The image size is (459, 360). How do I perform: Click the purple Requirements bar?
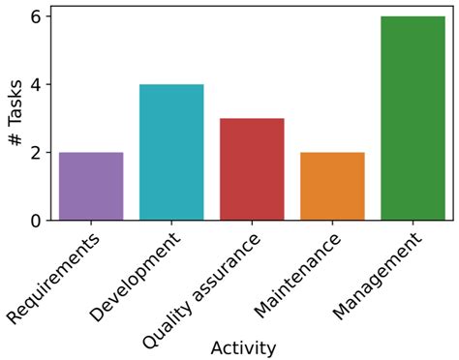pos(91,187)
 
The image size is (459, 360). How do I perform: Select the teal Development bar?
pos(171,153)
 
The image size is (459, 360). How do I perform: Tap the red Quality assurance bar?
pos(252,169)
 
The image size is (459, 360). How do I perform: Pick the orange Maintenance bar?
pos(332,187)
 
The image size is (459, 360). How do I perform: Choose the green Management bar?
pos(413,118)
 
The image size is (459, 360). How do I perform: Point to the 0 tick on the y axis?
pos(36,221)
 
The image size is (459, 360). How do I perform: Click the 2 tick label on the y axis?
pos(36,153)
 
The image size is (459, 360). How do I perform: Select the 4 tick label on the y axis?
pos(36,85)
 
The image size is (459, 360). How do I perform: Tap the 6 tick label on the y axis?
pos(36,16)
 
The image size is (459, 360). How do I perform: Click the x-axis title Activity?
pos(243,347)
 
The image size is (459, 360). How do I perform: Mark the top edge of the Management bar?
pos(413,16)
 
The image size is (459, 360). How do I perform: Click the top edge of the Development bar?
pos(171,85)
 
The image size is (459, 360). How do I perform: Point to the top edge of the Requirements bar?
pos(91,153)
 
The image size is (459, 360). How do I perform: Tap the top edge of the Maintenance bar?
pos(332,153)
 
